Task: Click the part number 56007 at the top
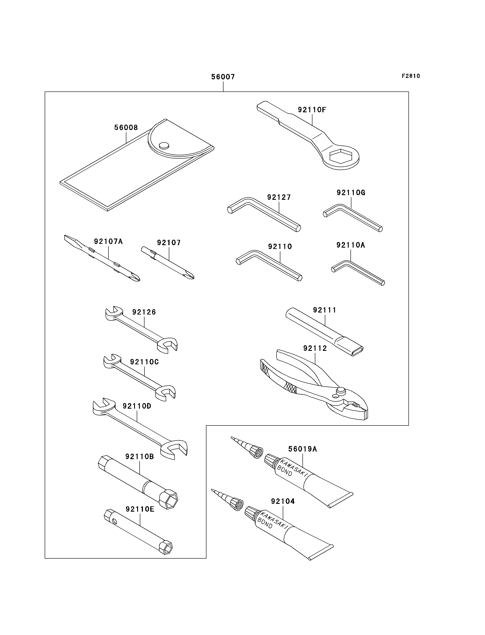click(223, 77)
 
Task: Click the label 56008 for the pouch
click(126, 127)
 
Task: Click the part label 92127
click(279, 197)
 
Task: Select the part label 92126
click(144, 312)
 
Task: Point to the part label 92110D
click(137, 406)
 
